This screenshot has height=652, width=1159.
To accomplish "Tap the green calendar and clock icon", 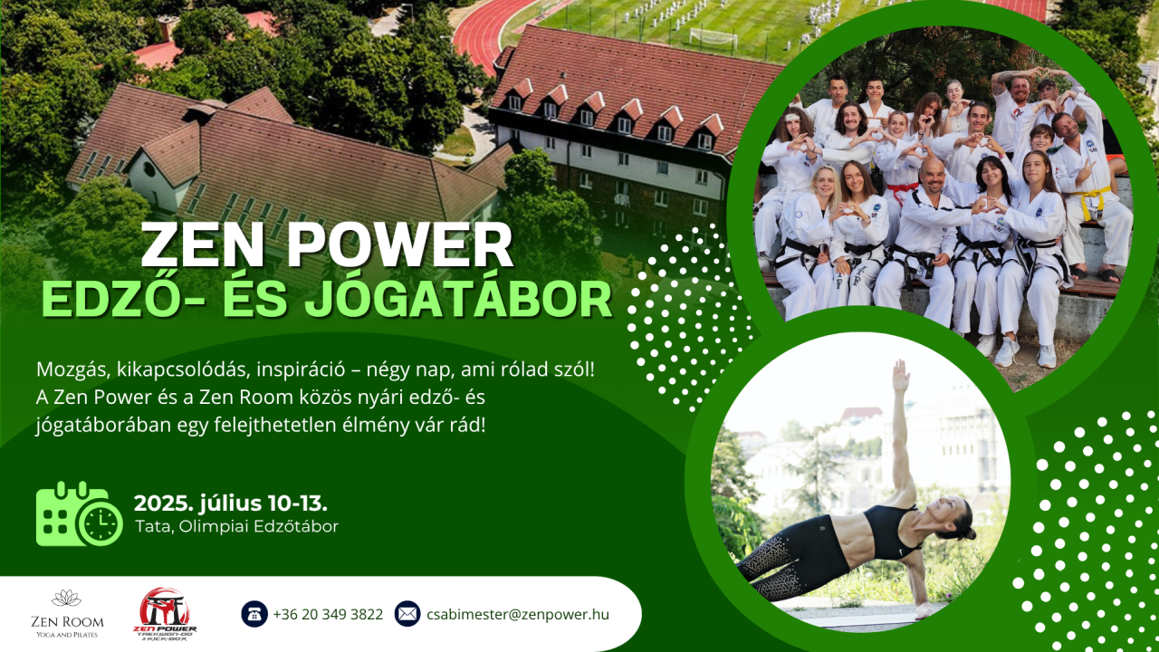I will [79, 513].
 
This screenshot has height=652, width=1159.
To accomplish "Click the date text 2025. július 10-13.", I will [231, 503].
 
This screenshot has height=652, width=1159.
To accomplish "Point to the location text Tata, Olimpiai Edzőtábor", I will [236, 526].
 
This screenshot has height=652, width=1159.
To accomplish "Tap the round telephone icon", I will [254, 614].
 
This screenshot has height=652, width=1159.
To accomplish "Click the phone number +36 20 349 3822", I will [328, 614].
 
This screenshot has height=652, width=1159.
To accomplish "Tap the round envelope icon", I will [407, 614].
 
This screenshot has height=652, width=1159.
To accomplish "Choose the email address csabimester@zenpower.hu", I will [518, 614].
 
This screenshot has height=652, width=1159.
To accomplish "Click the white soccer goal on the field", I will [714, 37].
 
